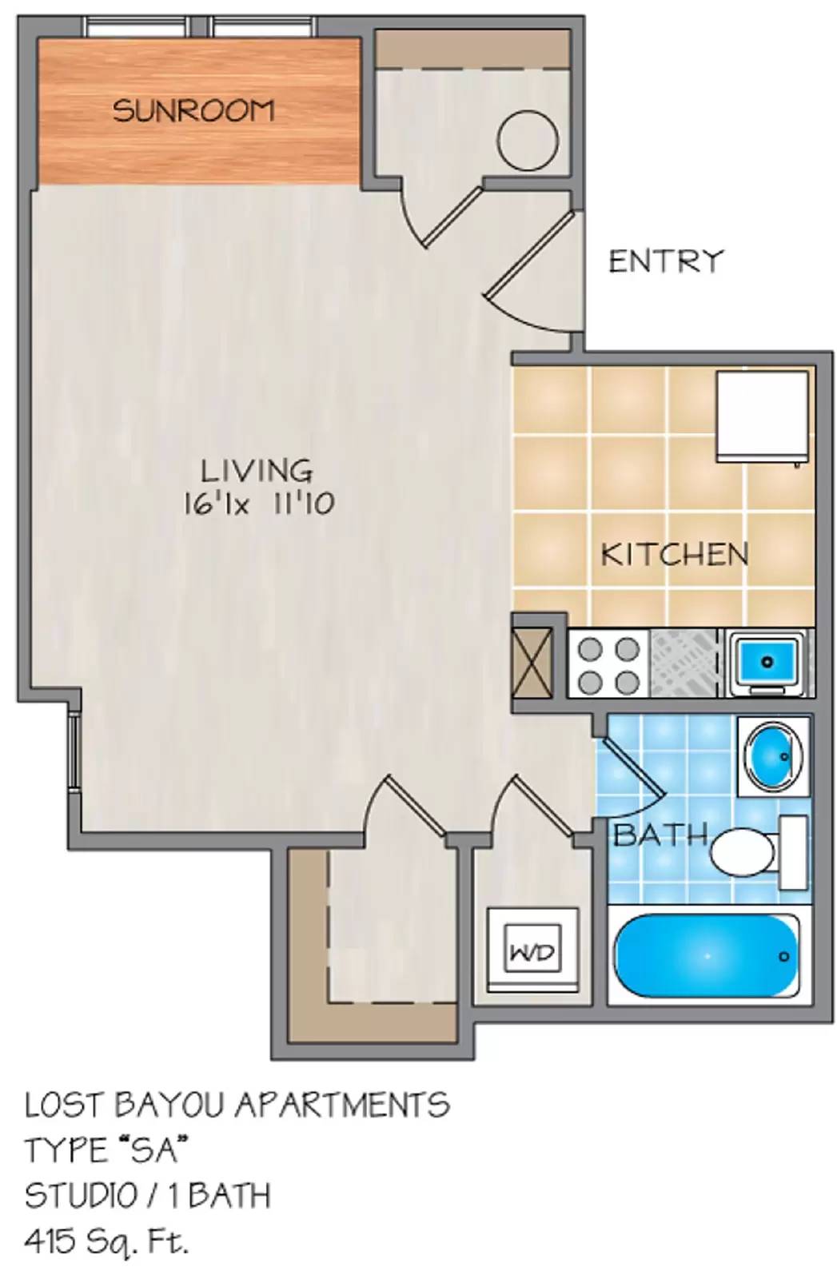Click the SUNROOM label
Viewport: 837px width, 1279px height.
click(x=193, y=110)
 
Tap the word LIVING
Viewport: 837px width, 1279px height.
click(x=256, y=470)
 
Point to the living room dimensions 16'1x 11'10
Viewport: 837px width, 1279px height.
click(x=258, y=504)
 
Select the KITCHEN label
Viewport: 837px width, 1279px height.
click(x=675, y=554)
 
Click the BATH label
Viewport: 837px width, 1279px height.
click(x=660, y=835)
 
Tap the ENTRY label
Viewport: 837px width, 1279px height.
click(x=665, y=261)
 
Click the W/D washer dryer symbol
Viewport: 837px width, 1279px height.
click(x=533, y=952)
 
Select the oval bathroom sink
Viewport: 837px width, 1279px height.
click(x=772, y=754)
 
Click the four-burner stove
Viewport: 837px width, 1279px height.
click(x=608, y=664)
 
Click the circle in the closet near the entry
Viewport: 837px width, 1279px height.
click(x=527, y=139)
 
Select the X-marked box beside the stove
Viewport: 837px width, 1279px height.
click(x=532, y=663)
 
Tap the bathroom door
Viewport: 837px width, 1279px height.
click(x=632, y=768)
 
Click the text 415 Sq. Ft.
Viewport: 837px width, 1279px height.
click(x=107, y=1241)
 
